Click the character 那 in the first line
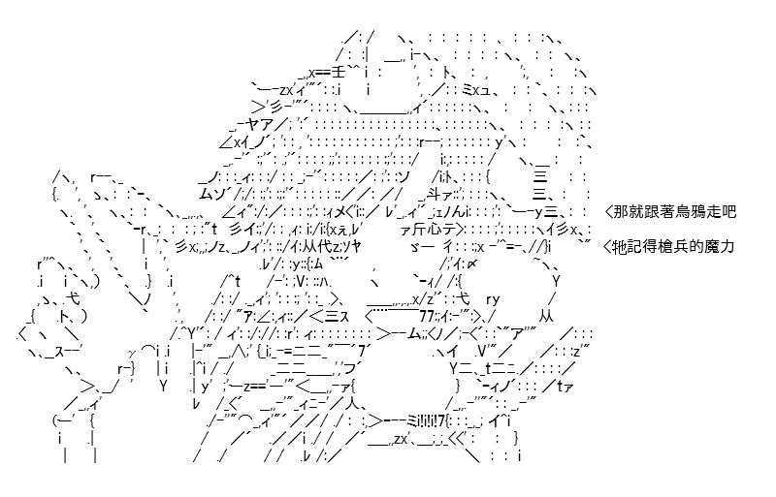pos(621,211)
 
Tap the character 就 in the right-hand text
pos(636,211)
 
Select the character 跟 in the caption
pos(651,211)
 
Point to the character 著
pos(666,211)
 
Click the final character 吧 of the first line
pos(728,211)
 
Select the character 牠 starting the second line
pos(620,246)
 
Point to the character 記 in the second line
pos(635,246)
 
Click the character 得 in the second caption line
pos(650,246)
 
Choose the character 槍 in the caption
pos(665,246)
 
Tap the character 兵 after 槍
pos(681,246)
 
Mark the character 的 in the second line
pos(696,246)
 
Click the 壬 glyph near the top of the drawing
pos(338,73)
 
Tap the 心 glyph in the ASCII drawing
pos(433,229)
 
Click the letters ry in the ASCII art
pos(493,299)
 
